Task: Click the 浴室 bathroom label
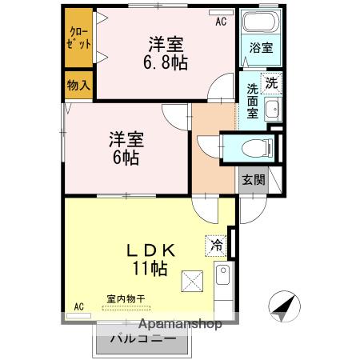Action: [x=261, y=47]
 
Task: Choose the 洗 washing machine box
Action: [x=271, y=82]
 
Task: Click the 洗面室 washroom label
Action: [x=253, y=101]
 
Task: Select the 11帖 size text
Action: [x=150, y=269]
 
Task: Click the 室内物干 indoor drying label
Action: [x=125, y=299]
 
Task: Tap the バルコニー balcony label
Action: [x=142, y=339]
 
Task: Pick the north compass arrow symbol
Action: [x=282, y=306]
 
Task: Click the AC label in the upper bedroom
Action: [x=221, y=22]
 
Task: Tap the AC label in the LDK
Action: [x=79, y=306]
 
